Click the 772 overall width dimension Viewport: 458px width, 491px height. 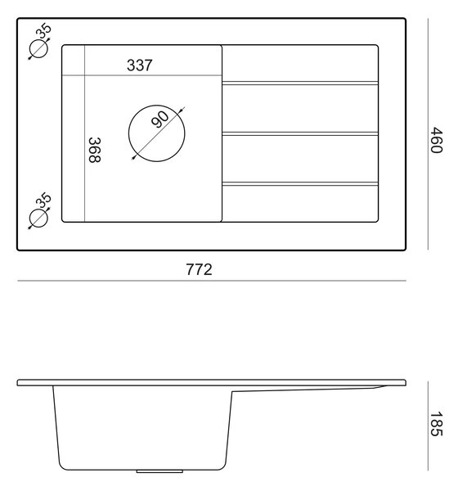point(199,269)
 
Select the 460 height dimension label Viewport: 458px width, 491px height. point(437,140)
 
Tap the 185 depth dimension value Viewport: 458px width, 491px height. point(437,424)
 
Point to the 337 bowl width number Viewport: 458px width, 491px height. point(140,65)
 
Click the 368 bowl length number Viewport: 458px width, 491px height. point(95,150)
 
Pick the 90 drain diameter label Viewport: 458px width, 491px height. point(159,119)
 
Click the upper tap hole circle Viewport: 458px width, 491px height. point(38,49)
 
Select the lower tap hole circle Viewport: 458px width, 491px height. point(38,218)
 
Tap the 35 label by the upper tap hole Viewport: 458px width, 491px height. point(43,31)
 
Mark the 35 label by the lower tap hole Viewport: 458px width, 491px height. point(43,200)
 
